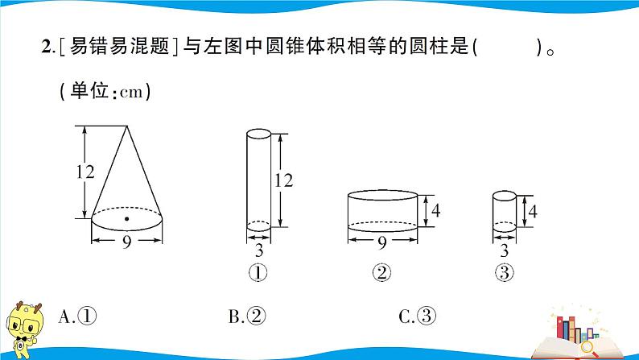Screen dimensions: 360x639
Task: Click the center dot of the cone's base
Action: pos(127,217)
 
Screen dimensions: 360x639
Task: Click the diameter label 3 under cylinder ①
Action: pos(258,250)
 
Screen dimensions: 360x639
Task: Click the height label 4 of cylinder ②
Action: pos(436,211)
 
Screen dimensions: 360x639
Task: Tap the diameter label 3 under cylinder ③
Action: pos(504,250)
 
